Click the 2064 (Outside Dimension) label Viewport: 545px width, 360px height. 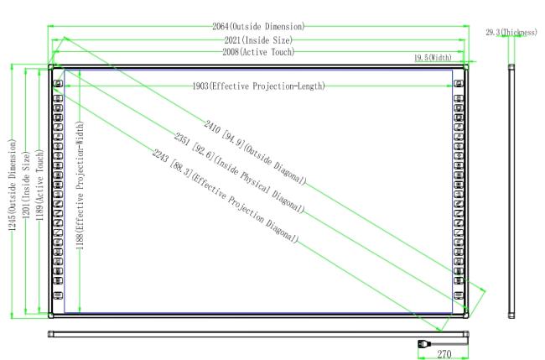pyautogui.click(x=258, y=27)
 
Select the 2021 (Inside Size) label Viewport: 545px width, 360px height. pyautogui.click(x=258, y=40)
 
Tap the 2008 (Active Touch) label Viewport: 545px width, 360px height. pyautogui.click(x=258, y=52)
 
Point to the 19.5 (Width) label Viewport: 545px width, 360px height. pyautogui.click(x=433, y=57)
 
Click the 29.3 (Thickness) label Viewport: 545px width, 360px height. pyautogui.click(x=511, y=33)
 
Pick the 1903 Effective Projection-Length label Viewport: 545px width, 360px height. pyautogui.click(x=258, y=86)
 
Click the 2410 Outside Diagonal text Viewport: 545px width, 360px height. pyautogui.click(x=255, y=153)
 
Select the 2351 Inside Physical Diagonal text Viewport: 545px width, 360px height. pyautogui.click(x=239, y=173)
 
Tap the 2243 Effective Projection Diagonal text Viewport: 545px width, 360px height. pyautogui.click(x=225, y=196)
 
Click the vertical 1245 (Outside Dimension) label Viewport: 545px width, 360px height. pyautogui.click(x=13, y=185)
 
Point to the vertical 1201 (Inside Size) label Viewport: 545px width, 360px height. pyautogui.click(x=27, y=185)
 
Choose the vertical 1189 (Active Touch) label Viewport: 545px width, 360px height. pyautogui.click(x=40, y=185)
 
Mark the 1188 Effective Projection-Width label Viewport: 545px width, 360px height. pyautogui.click(x=80, y=185)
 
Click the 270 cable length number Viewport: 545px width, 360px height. pyautogui.click(x=444, y=354)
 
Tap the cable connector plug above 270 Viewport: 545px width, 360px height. pyautogui.click(x=424, y=344)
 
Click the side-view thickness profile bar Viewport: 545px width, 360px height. pyautogui.click(x=511, y=191)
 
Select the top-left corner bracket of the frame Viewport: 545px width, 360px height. pyautogui.click(x=51, y=67)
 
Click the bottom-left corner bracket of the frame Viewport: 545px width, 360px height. pyautogui.click(x=51, y=316)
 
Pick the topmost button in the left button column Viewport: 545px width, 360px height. pyautogui.click(x=58, y=83)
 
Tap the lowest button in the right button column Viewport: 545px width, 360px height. pyautogui.click(x=459, y=295)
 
